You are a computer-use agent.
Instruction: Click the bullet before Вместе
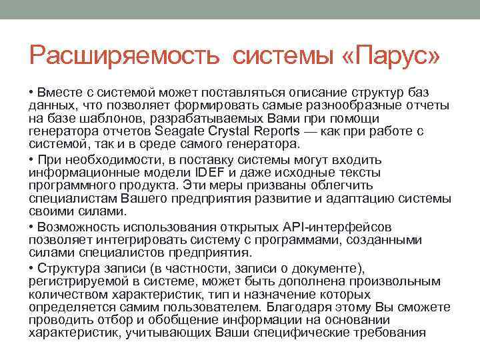pos(32,91)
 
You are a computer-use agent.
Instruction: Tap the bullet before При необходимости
pos(32,159)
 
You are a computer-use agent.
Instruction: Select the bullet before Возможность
pos(32,227)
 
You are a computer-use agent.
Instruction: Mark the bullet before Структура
pos(32,268)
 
